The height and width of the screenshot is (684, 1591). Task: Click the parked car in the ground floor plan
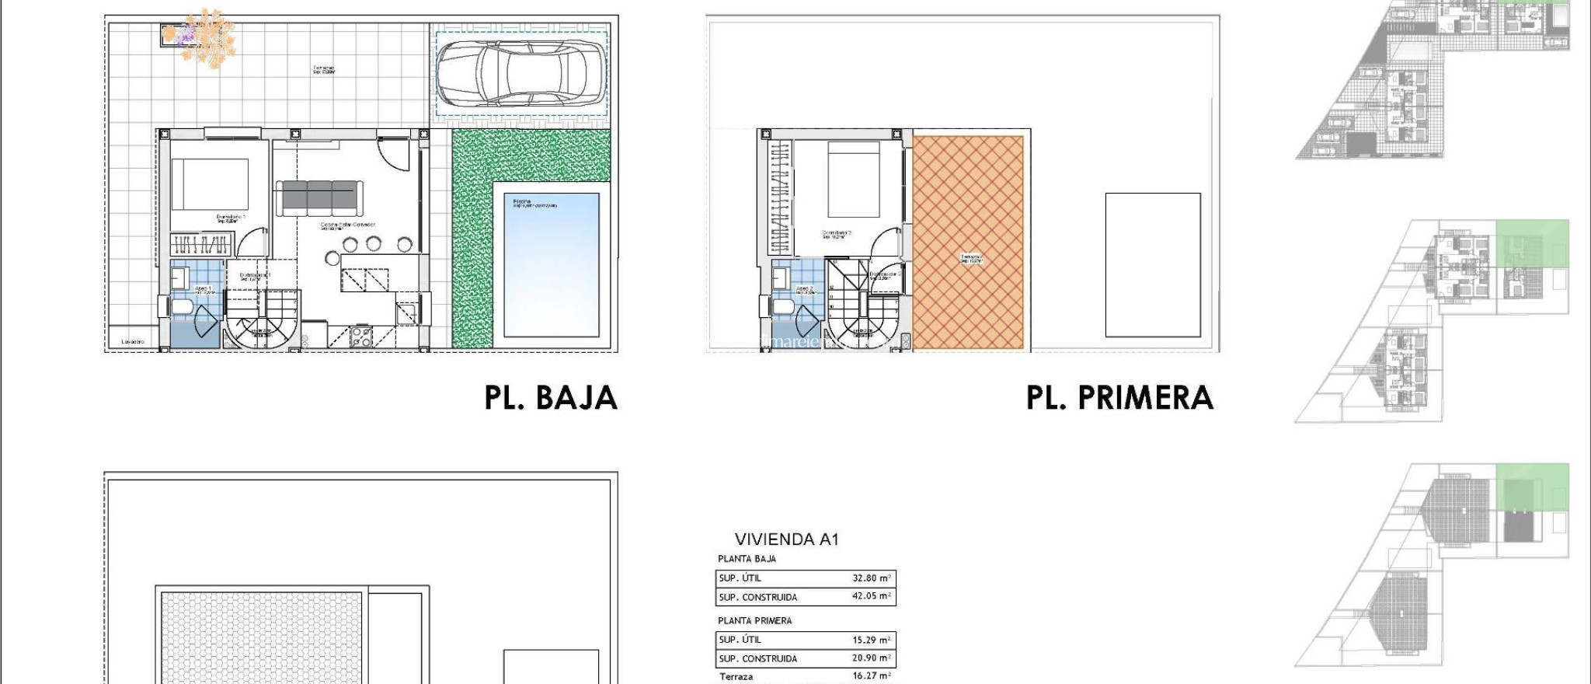point(520,73)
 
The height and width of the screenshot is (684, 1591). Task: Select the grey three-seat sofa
point(319,197)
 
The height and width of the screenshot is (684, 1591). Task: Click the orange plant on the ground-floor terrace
point(205,38)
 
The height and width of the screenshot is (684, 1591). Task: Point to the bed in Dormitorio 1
point(210,184)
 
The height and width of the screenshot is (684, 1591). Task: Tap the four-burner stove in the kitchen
point(361,337)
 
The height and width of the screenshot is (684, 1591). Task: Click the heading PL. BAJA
point(551,398)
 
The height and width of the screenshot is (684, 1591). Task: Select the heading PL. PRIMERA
point(1119,398)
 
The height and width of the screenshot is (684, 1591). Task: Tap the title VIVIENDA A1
point(786,539)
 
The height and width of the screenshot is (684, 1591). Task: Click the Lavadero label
point(133,342)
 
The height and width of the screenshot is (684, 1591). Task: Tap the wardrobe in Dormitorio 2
point(780,197)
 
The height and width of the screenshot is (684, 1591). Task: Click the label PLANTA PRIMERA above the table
point(754,621)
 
